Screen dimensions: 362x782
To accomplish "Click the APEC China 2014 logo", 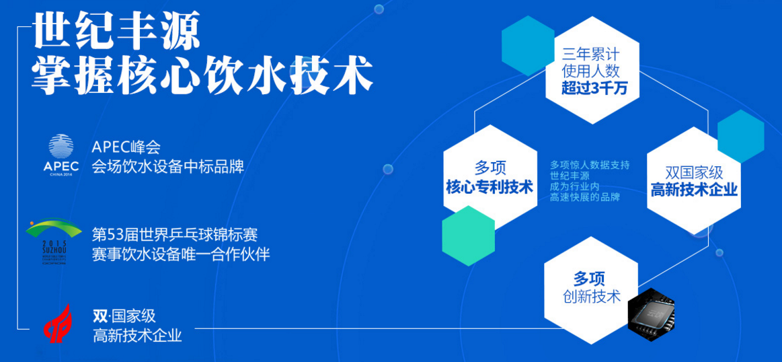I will tap(61, 154).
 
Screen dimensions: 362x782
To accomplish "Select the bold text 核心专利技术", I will tap(489, 187).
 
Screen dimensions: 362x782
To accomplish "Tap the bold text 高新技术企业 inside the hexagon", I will tap(694, 190).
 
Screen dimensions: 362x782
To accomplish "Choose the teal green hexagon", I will tap(468, 236).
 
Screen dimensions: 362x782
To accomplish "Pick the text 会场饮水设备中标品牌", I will tap(167, 166).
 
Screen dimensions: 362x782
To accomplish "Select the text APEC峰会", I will tap(126, 147).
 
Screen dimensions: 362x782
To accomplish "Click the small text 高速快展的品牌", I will tap(584, 197).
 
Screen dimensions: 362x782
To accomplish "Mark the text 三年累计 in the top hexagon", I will tap(591, 53).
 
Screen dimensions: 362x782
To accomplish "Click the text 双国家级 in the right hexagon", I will tap(694, 173).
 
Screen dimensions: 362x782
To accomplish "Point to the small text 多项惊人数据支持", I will tap(589, 165).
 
